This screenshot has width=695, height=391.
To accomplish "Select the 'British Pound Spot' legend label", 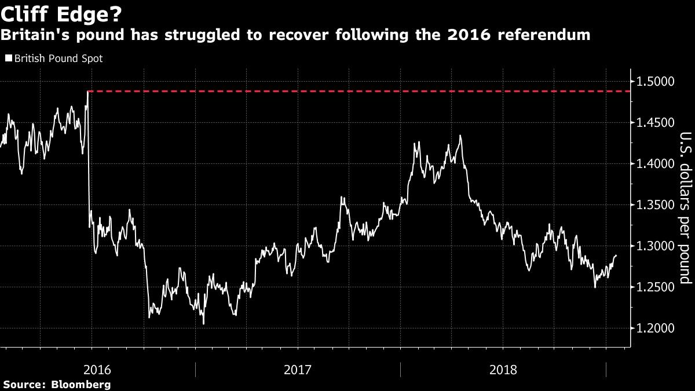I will [58, 59].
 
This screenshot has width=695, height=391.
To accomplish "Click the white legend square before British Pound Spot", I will [8, 59].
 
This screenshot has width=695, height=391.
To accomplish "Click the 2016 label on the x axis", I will [94, 368].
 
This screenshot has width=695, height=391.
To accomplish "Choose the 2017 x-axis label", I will [298, 368].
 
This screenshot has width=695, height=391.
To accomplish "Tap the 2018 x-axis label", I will [503, 368].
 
